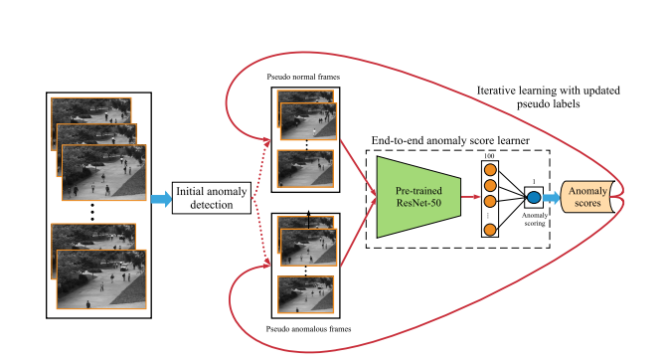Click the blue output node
click(533, 197)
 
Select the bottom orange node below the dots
click(489, 231)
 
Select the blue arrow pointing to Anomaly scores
click(552, 197)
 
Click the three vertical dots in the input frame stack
click(92, 211)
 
